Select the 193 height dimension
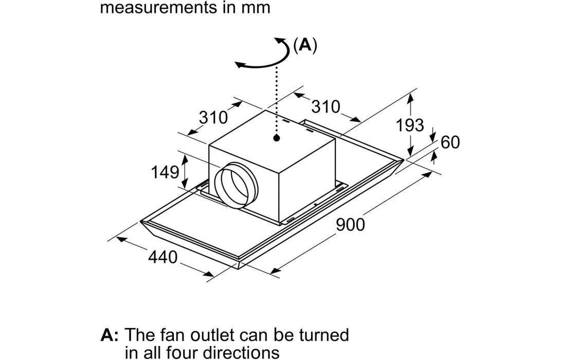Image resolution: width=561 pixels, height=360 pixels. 410,125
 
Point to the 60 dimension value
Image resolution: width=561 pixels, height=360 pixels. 450,142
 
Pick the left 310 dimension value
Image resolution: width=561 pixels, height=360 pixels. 213,118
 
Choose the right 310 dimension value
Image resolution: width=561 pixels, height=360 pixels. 326,107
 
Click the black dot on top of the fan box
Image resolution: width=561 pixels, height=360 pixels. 277,138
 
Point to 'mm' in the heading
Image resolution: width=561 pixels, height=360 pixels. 257,8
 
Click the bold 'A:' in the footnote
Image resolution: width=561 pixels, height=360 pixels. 109,335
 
